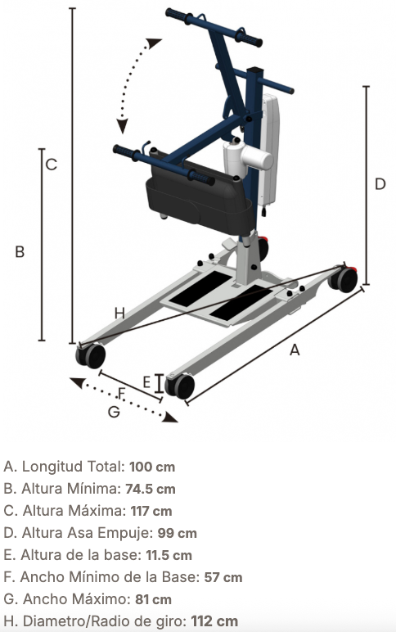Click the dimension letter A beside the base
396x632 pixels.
[x=295, y=350]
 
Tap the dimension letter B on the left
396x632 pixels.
[x=20, y=251]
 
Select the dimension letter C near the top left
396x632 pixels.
[x=52, y=165]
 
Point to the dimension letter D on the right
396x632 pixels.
[x=380, y=184]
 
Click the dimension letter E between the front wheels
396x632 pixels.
[x=146, y=382]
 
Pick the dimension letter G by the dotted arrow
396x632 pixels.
[x=114, y=412]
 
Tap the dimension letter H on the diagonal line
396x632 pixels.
[x=119, y=313]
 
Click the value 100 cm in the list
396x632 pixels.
[x=152, y=467]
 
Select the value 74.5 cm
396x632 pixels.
[x=151, y=489]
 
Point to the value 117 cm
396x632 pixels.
[x=151, y=511]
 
